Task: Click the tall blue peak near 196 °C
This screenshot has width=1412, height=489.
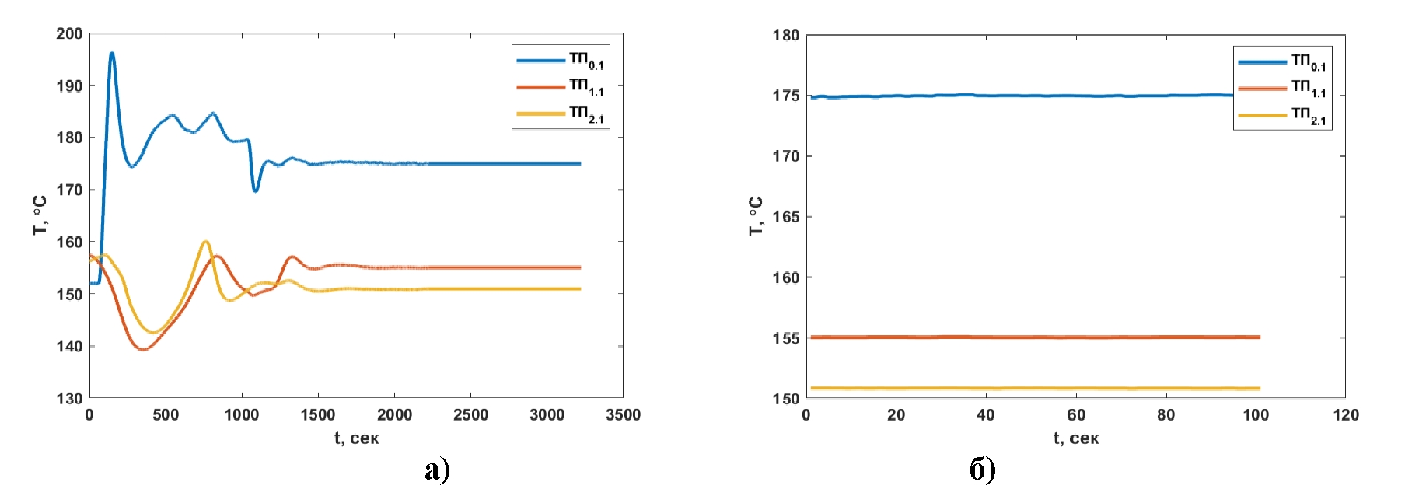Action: [x=112, y=53]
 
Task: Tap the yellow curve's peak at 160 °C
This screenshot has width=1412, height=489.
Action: [x=205, y=242]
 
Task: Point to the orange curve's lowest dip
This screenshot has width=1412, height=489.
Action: [x=143, y=349]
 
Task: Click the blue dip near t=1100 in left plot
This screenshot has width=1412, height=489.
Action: [x=255, y=190]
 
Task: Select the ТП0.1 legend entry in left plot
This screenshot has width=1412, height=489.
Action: [x=561, y=60]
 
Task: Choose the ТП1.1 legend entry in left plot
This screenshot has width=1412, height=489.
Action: [x=561, y=86]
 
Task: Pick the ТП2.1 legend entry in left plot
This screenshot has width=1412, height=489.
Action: [x=561, y=114]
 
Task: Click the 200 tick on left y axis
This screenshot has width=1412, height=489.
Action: [x=69, y=33]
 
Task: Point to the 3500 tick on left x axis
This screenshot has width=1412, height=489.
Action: [x=623, y=415]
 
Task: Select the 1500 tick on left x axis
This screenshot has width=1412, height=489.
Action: [x=318, y=415]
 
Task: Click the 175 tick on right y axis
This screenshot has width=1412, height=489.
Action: [x=786, y=96]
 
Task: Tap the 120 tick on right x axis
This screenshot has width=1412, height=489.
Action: [x=1346, y=415]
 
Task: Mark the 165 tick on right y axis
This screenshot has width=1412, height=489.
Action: [x=786, y=217]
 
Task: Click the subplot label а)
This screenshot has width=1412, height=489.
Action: [x=437, y=469]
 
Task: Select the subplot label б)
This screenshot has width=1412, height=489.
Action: [x=983, y=469]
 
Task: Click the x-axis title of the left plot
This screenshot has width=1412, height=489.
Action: [x=356, y=438]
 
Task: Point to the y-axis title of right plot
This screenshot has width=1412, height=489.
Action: [x=755, y=216]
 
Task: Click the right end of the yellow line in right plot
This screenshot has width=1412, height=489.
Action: [x=1259, y=388]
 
